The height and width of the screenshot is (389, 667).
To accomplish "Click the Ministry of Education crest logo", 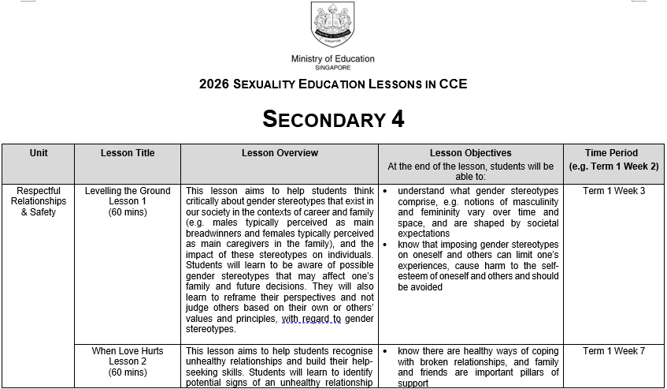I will [x=332, y=25].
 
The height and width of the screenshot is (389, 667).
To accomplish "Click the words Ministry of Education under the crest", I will [x=332, y=58].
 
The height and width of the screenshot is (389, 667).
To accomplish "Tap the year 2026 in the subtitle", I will [x=214, y=84].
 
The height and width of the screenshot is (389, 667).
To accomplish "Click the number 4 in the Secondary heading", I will [x=398, y=119].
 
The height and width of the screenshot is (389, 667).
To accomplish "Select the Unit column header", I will [x=38, y=153].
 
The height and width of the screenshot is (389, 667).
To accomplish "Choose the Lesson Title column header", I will [x=128, y=153].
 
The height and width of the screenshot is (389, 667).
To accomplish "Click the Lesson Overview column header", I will [x=280, y=153].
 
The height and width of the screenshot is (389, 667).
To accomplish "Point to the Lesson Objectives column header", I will [x=470, y=153].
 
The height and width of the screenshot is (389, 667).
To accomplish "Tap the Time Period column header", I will [x=612, y=153].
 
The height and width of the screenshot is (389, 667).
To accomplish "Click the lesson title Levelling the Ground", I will [x=128, y=191].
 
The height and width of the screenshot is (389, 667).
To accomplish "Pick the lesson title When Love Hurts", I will [x=128, y=351].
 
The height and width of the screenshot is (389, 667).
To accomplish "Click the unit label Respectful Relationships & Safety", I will [x=38, y=201].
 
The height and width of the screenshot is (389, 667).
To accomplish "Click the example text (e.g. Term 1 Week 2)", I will [x=612, y=166].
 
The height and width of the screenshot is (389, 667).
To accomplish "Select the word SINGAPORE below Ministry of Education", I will [x=332, y=68].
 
